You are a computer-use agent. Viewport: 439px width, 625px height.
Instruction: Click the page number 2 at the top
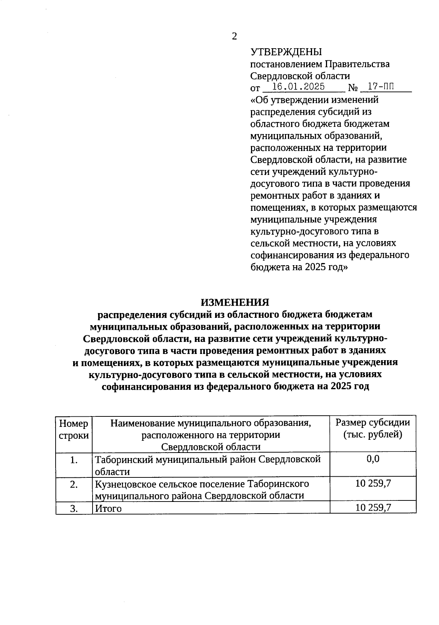tap(234, 36)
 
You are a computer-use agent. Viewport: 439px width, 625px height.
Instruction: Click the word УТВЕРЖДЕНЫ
tap(286, 52)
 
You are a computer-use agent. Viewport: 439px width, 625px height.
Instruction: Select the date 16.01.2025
tap(299, 87)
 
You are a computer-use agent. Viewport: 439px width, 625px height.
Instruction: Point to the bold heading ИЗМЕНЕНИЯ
tap(234, 302)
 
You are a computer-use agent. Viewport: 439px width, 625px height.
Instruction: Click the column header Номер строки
tap(74, 429)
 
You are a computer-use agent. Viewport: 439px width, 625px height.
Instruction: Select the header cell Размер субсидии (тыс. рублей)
tap(372, 428)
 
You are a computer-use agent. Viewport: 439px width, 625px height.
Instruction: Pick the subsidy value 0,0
tap(373, 459)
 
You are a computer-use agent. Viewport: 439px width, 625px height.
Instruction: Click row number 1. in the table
tap(74, 460)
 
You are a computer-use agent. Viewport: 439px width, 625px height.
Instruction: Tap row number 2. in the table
tap(74, 484)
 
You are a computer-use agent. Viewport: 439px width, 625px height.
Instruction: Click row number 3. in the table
tap(74, 508)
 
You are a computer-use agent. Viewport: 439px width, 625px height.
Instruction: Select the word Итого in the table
tap(108, 508)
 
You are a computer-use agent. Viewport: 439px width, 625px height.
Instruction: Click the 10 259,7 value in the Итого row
tap(373, 507)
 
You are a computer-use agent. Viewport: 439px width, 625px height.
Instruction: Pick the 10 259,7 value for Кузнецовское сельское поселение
tap(373, 484)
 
